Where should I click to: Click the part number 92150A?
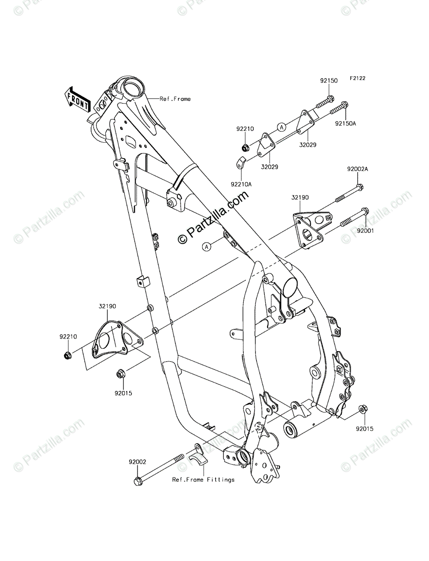pyautogui.click(x=345, y=124)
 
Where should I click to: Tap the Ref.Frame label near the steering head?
pyautogui.click(x=175, y=99)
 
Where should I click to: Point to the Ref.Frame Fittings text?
pyautogui.click(x=203, y=480)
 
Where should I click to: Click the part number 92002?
pyautogui.click(x=138, y=461)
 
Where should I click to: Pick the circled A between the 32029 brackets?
pyautogui.click(x=282, y=126)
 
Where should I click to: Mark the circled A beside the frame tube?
pyautogui.click(x=206, y=246)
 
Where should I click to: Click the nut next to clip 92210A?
pyautogui.click(x=244, y=149)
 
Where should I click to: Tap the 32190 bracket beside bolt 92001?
pyautogui.click(x=309, y=230)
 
